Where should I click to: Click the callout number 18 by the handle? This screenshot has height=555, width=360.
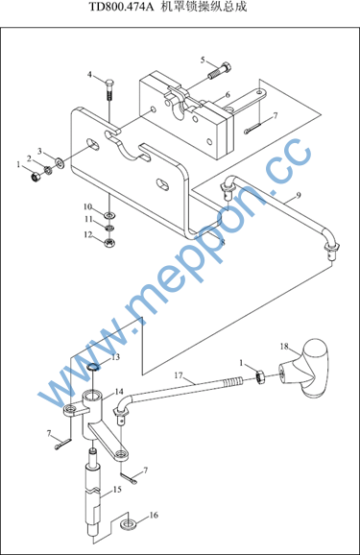pyautogui.click(x=284, y=347)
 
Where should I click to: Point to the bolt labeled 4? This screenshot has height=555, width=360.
pyautogui.click(x=109, y=89)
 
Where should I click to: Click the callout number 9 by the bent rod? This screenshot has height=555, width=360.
pyautogui.click(x=298, y=195)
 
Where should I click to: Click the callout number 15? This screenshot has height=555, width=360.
pyautogui.click(x=117, y=490)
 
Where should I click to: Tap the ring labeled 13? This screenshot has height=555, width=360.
pyautogui.click(x=93, y=367)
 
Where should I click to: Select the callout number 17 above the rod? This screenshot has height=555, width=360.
pyautogui.click(x=178, y=375)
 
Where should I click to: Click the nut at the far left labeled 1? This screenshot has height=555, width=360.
pyautogui.click(x=35, y=177)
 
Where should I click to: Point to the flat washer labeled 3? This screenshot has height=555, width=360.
pyautogui.click(x=60, y=162)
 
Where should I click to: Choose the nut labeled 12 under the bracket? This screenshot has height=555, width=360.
pyautogui.click(x=109, y=243)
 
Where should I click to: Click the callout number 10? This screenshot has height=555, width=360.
pyautogui.click(x=87, y=206)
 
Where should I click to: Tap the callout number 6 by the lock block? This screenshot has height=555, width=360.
pyautogui.click(x=228, y=94)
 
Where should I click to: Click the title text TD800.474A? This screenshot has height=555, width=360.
pyautogui.click(x=121, y=7)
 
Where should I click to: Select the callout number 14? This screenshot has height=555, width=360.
pyautogui.click(x=119, y=392)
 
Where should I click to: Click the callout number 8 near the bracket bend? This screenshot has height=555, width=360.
pyautogui.click(x=223, y=243)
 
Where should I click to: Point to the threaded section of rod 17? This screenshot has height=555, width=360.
pyautogui.click(x=233, y=382)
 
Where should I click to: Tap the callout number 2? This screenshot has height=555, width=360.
pyautogui.click(x=29, y=158)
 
